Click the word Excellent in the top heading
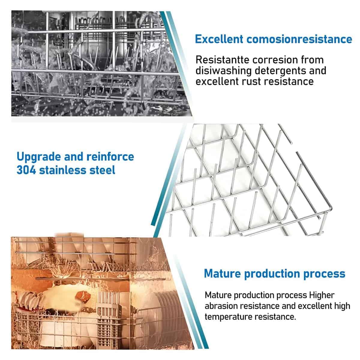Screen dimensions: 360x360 [219, 39]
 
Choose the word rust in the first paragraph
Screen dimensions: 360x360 [257, 82]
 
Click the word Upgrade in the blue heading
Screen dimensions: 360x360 [39, 157]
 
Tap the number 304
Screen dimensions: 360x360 [26, 170]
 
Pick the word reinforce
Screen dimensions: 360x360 [110, 157]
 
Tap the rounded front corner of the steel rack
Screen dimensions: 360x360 [331, 208]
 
